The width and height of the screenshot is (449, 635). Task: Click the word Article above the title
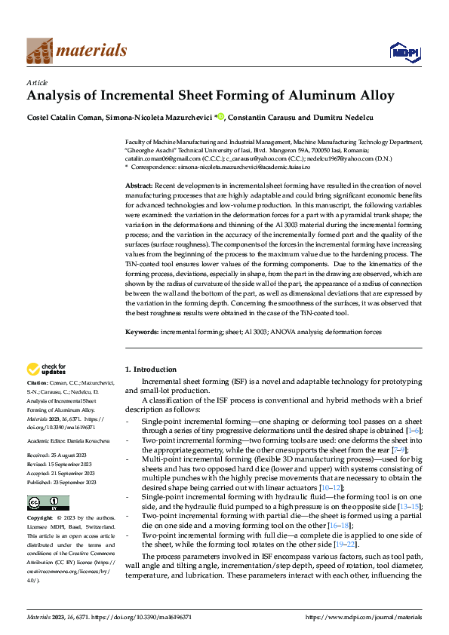point(37,82)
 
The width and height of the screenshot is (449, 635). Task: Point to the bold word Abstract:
point(140,185)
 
